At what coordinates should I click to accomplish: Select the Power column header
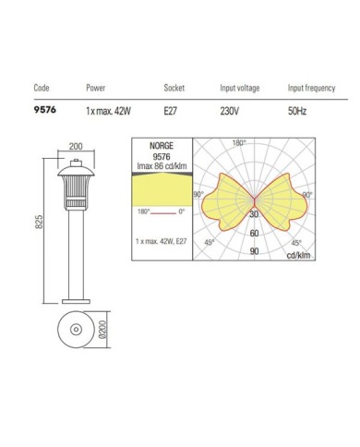[96, 89]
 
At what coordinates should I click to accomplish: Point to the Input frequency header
[309, 89]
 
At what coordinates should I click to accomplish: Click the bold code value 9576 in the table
[43, 110]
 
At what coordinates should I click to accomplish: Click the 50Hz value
[297, 110]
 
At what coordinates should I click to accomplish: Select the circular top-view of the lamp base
[76, 331]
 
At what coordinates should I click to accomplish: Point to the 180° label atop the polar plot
[238, 143]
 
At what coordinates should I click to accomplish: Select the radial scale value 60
[254, 235]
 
